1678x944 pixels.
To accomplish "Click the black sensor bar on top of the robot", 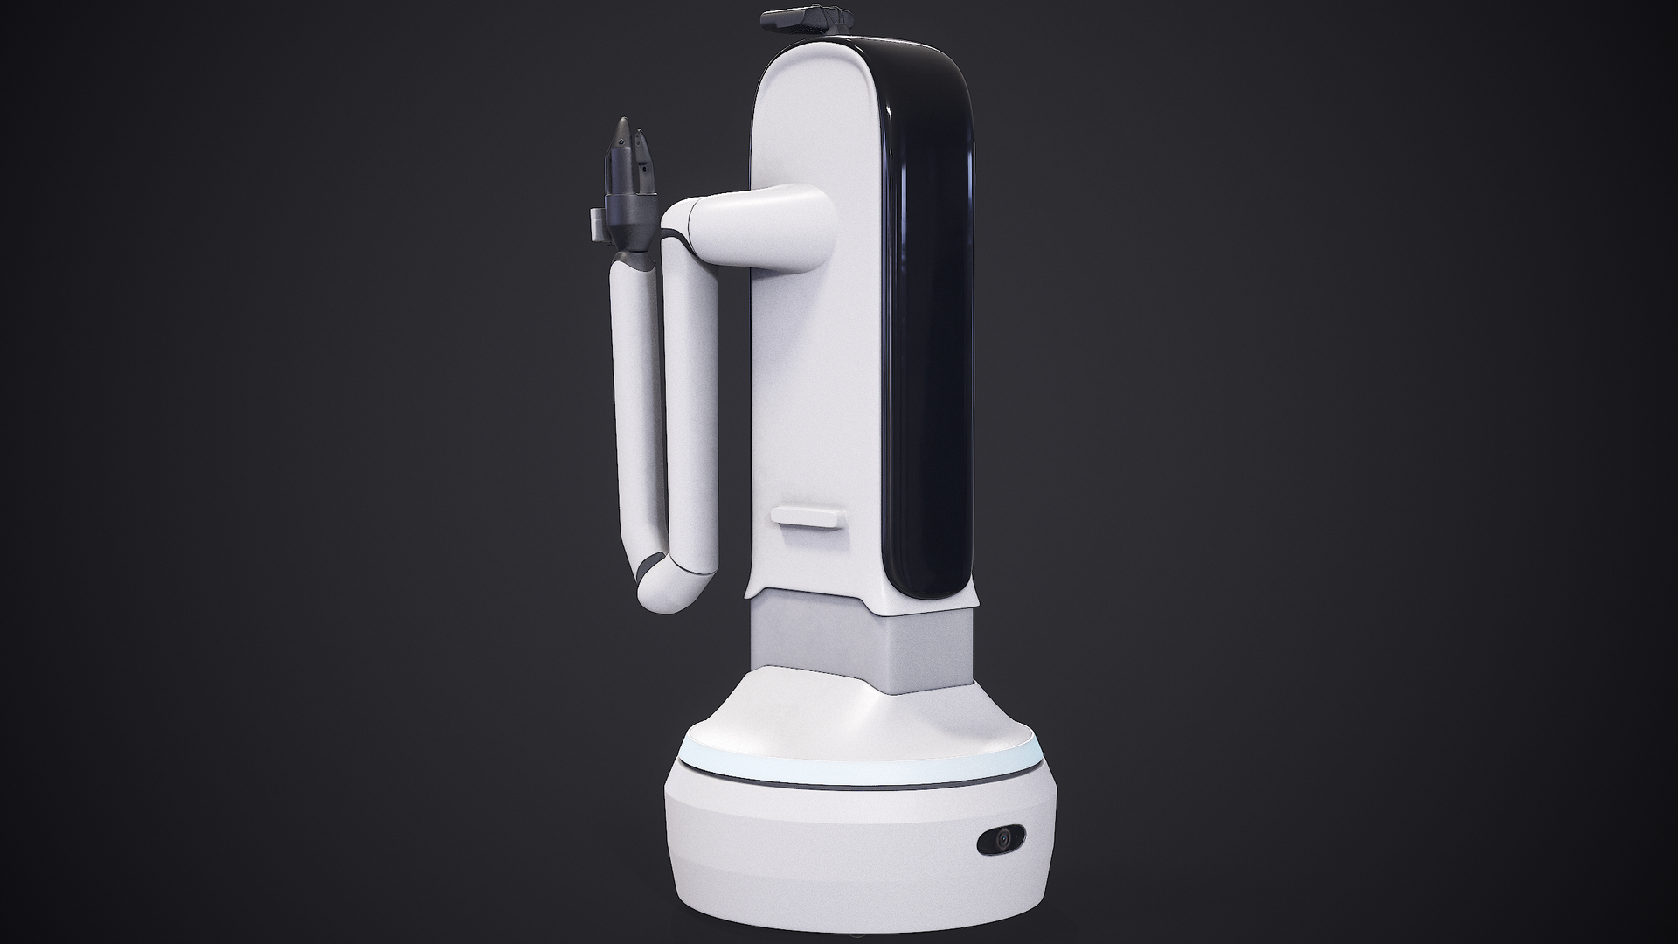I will (806, 17).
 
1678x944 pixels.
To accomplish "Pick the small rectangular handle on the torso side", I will (808, 521).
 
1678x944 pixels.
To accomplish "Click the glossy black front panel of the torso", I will (926, 332).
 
